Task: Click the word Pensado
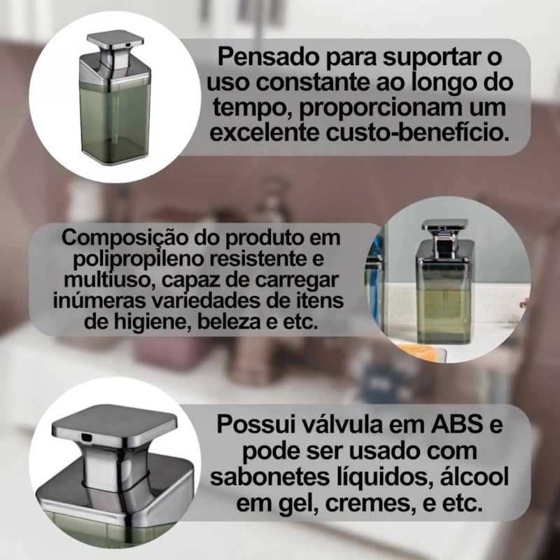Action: pos(267,57)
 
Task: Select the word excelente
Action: pos(265,132)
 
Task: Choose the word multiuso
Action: pos(110,280)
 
